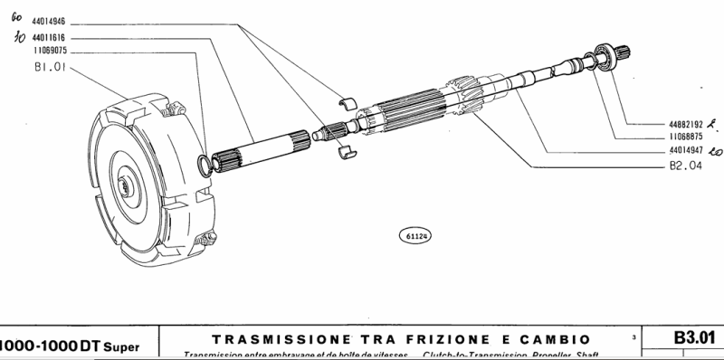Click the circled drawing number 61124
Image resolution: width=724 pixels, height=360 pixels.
416,236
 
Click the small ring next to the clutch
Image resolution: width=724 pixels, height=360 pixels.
205,164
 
